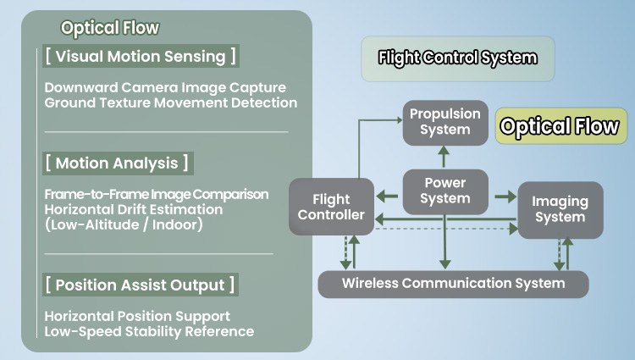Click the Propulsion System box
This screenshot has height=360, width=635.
(x=444, y=121)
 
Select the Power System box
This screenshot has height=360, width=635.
(x=444, y=191)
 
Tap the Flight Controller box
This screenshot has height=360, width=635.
(x=331, y=207)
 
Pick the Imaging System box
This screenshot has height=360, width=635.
(x=560, y=209)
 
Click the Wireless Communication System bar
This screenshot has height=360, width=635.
(x=453, y=283)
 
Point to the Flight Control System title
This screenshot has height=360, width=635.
(x=457, y=58)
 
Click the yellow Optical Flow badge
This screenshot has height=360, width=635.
(x=560, y=126)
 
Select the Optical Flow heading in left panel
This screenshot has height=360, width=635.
(x=110, y=28)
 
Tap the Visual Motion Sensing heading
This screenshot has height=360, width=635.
(x=140, y=57)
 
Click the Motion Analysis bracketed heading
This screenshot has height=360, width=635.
(x=117, y=163)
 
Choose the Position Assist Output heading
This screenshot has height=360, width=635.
(x=141, y=285)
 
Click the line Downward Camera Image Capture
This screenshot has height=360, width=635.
(x=165, y=87)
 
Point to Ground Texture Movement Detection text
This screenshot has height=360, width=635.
(x=170, y=102)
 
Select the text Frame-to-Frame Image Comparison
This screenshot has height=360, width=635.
(x=157, y=194)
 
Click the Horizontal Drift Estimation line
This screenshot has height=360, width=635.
(x=134, y=209)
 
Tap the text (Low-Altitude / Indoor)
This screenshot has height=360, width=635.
(x=124, y=224)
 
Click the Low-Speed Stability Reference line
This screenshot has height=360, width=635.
(x=149, y=330)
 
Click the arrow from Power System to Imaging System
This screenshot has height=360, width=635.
(x=505, y=197)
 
